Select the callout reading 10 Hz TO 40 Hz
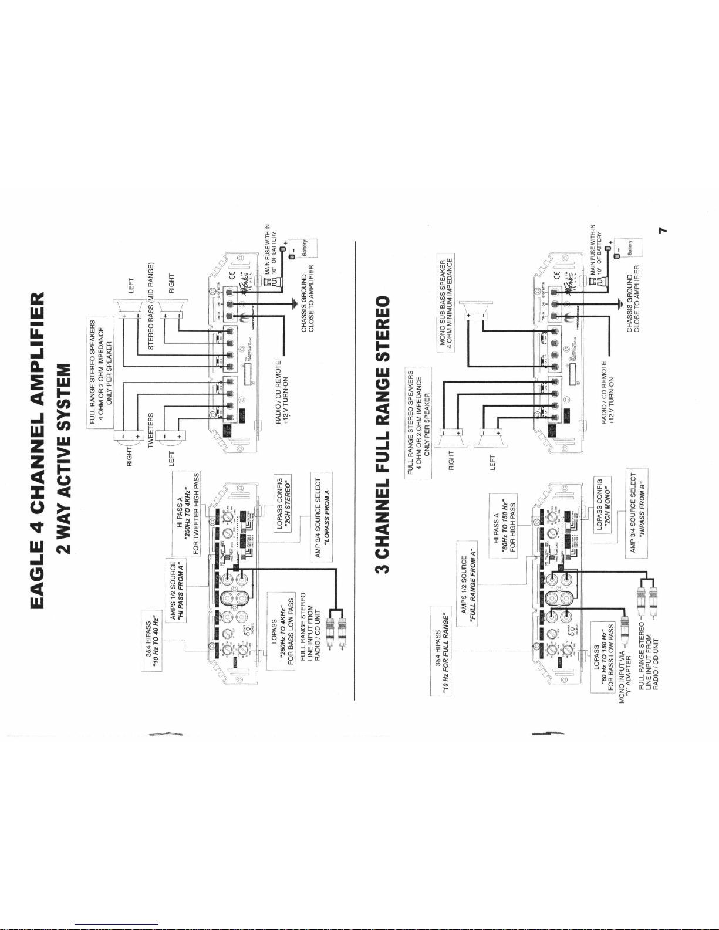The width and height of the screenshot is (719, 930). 152,641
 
